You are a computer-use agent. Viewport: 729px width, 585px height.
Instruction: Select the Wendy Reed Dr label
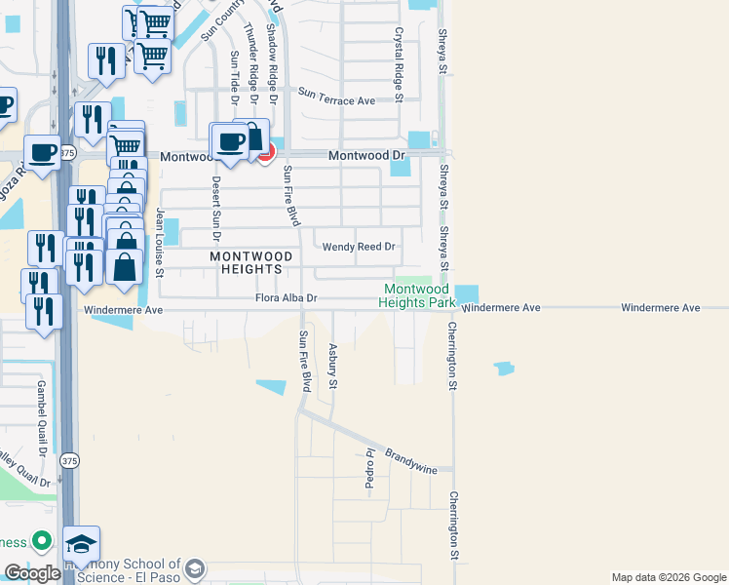click(x=360, y=247)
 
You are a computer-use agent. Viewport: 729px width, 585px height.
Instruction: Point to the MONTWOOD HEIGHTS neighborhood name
click(x=248, y=261)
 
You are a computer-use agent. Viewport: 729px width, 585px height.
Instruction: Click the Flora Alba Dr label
click(x=287, y=298)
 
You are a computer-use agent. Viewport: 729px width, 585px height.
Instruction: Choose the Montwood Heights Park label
click(x=418, y=295)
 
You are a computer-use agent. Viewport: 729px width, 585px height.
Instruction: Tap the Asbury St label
click(x=332, y=366)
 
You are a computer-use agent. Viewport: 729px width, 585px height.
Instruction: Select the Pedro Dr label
click(x=370, y=471)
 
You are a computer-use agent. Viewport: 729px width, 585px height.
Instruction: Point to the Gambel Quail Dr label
click(x=42, y=418)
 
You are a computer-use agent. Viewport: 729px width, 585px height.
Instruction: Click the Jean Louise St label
click(x=162, y=241)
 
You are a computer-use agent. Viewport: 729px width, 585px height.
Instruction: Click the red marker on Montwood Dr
click(x=265, y=152)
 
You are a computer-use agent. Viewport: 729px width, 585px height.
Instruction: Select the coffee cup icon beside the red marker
click(x=231, y=141)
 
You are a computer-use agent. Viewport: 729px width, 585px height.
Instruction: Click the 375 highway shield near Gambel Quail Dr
click(x=68, y=460)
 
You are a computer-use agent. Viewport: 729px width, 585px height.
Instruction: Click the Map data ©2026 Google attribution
click(x=668, y=577)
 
